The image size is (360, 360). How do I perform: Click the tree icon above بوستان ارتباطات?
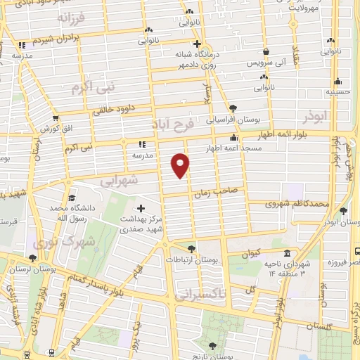pos(191,248)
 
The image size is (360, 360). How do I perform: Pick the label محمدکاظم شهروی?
pos(297,204)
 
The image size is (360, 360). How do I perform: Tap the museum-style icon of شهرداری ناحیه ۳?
pos(286,254)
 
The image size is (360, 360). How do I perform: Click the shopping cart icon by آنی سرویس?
pos(266,51)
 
